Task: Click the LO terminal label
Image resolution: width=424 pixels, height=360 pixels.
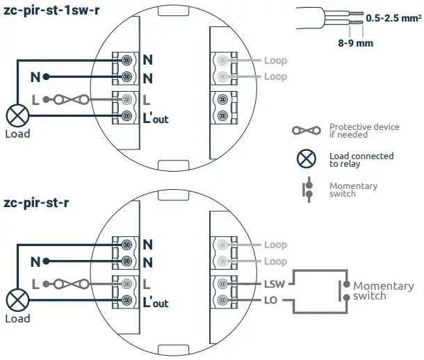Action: pyautogui.click(x=271, y=300)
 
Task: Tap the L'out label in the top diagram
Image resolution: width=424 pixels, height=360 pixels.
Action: pyautogui.click(x=156, y=117)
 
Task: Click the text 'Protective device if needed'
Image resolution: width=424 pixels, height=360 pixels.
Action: pyautogui.click(x=364, y=131)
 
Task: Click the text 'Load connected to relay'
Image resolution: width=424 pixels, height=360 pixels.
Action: pyautogui.click(x=361, y=159)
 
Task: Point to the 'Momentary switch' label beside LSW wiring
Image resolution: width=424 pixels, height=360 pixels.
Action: pyautogui.click(x=384, y=291)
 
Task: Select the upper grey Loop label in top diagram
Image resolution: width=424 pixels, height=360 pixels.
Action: pyautogui.click(x=275, y=60)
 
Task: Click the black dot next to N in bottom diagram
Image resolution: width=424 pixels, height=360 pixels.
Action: pyautogui.click(x=46, y=261)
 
